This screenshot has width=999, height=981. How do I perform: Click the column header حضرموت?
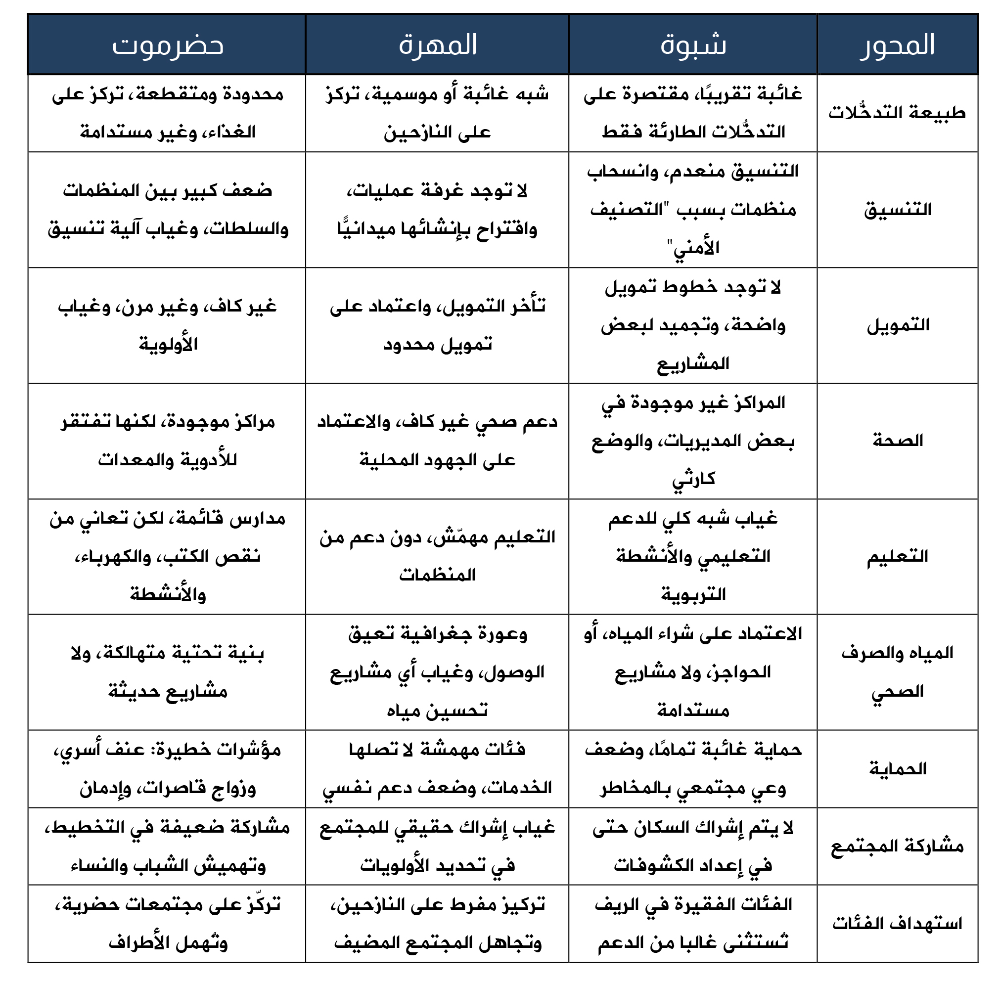point(168,45)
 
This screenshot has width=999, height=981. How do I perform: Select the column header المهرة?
point(437,45)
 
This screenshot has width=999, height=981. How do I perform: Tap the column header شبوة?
point(693,45)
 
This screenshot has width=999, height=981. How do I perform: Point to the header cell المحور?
point(897,45)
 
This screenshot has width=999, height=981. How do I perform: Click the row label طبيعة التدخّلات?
point(897,113)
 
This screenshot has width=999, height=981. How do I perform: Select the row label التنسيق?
point(898,210)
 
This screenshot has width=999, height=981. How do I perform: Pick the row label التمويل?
point(898,325)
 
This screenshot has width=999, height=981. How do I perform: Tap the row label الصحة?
point(898,441)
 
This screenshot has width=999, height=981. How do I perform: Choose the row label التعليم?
point(898,556)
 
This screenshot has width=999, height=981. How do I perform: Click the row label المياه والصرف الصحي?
point(898,672)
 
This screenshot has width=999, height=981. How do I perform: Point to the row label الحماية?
point(898,769)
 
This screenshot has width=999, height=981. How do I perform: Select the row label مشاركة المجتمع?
point(897,846)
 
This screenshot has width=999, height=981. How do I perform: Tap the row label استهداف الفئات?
point(897,923)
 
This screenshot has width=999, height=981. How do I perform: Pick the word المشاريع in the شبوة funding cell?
point(693,364)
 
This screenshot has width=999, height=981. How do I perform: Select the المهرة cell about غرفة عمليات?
point(437,210)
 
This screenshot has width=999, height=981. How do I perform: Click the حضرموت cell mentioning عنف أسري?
point(168,769)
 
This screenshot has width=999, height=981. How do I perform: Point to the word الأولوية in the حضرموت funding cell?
point(168,344)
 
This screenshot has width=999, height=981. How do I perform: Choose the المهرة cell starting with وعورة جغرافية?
point(437,672)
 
